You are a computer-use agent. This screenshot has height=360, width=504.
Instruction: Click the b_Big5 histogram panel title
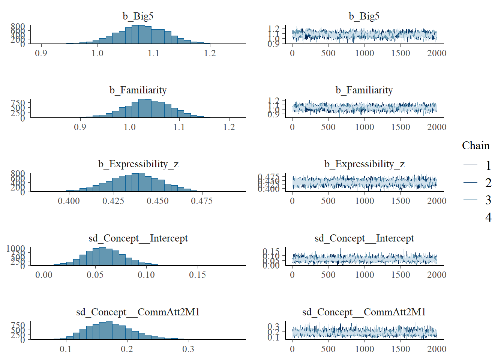(138, 16)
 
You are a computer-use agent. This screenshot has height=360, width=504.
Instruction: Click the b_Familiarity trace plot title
(364, 90)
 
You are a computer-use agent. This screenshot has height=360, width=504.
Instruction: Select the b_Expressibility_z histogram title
(138, 164)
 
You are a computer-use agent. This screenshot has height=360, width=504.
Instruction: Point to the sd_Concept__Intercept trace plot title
(364, 238)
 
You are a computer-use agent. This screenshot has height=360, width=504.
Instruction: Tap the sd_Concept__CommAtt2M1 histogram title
(138, 312)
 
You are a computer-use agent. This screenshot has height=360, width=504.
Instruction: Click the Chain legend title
(475, 145)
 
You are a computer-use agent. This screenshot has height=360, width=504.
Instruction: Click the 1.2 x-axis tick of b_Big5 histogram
(210, 53)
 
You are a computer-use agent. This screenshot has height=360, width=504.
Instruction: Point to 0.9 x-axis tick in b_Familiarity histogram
(80, 127)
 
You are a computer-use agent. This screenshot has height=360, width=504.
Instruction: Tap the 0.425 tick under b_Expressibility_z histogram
(113, 201)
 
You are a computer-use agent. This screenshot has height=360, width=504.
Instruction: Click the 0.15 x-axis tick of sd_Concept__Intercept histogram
(197, 275)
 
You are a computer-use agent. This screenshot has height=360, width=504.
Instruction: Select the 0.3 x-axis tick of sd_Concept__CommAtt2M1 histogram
(188, 349)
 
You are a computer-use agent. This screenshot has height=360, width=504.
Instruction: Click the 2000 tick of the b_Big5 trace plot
(436, 53)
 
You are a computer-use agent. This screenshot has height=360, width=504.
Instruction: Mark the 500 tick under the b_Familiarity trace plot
(328, 127)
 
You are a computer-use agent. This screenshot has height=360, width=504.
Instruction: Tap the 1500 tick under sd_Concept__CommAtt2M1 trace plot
(400, 349)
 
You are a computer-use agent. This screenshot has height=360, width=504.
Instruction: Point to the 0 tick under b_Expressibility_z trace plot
(292, 201)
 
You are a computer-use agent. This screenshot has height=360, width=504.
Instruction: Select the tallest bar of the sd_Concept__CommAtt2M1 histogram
(109, 330)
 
